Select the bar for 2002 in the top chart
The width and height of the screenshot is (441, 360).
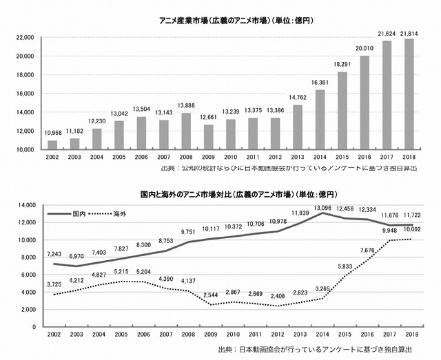click(52, 145)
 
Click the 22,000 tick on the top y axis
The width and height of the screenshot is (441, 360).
click(26, 38)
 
